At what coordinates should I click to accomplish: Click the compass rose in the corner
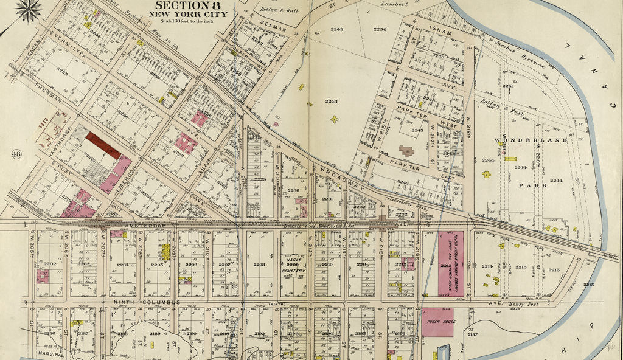coord(29,9)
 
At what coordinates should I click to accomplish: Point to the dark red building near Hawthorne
coord(103,145)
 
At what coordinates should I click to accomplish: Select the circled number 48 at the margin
coord(16,154)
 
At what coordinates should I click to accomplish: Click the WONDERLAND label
coord(530,140)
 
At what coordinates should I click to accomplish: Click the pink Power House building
coord(437,322)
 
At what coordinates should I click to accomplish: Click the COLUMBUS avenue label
coord(161,302)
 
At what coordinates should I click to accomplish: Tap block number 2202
coord(49,264)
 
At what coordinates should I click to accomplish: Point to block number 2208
coord(259,265)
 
